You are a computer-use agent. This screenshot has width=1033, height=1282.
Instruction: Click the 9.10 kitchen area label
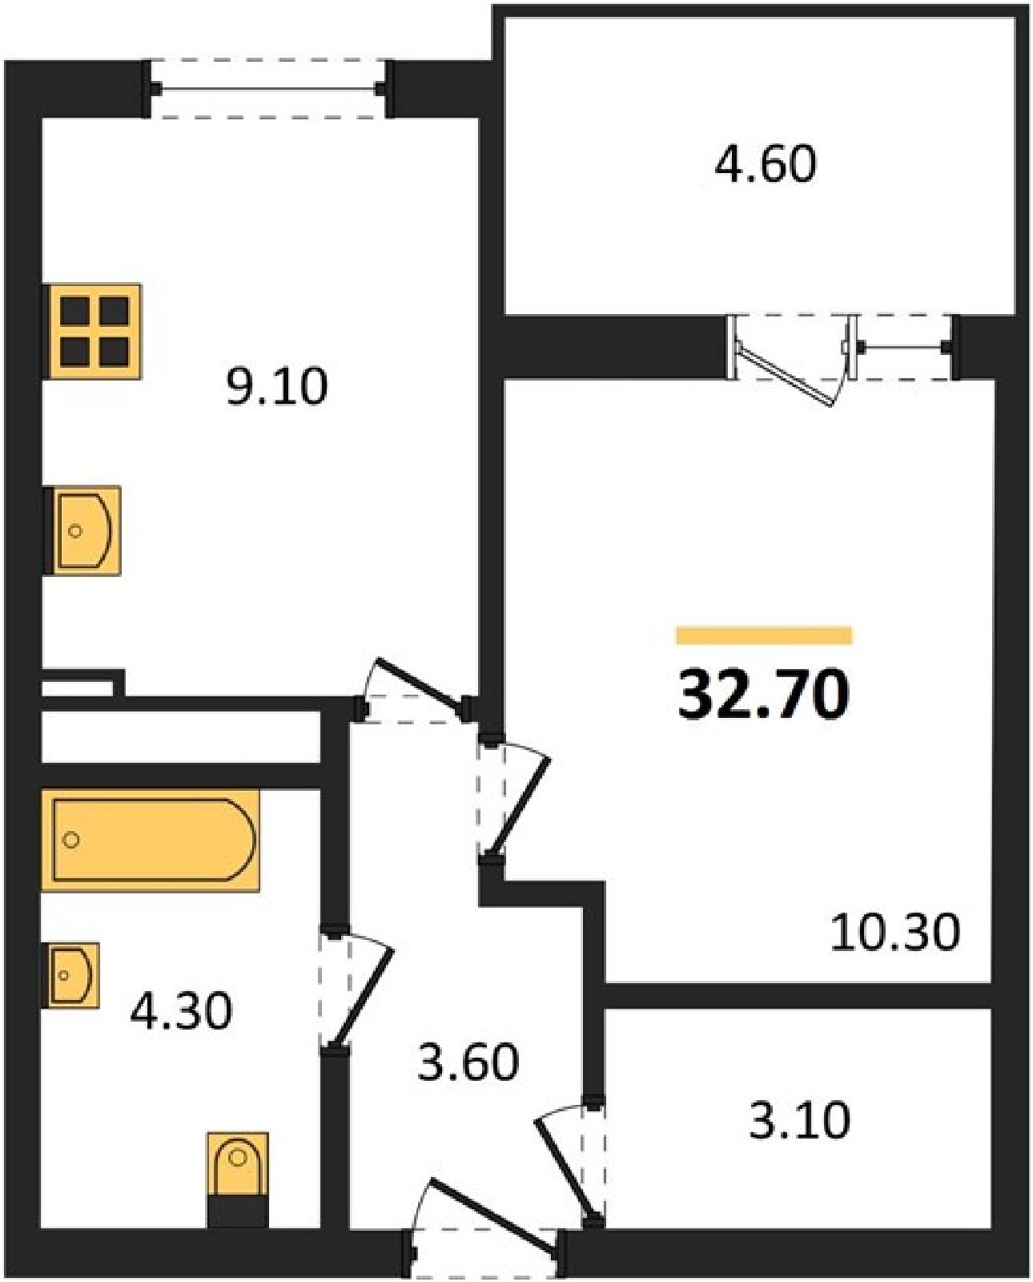(277, 386)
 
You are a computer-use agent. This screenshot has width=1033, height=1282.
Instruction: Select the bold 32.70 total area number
(763, 694)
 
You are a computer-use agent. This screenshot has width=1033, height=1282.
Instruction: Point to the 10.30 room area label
(895, 933)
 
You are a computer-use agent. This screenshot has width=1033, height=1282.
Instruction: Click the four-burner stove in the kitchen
(94, 331)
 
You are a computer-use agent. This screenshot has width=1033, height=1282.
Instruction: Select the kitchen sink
(83, 530)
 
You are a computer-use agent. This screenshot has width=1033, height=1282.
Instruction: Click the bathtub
(151, 840)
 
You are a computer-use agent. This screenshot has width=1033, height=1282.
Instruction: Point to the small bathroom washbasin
(70, 975)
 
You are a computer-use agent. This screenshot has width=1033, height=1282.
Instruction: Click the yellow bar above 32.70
(764, 635)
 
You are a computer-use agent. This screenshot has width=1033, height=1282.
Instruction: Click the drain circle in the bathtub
(70, 840)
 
